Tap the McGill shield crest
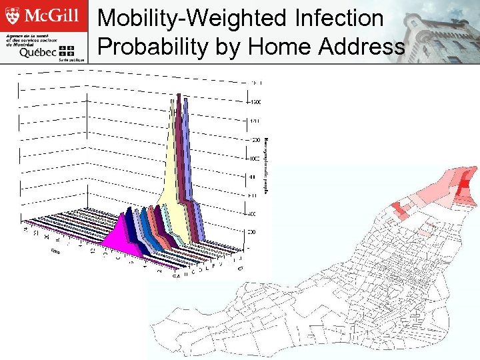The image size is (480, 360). coord(15,15)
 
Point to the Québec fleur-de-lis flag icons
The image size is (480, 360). coord(67,51)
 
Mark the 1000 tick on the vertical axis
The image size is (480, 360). coord(255,159)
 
